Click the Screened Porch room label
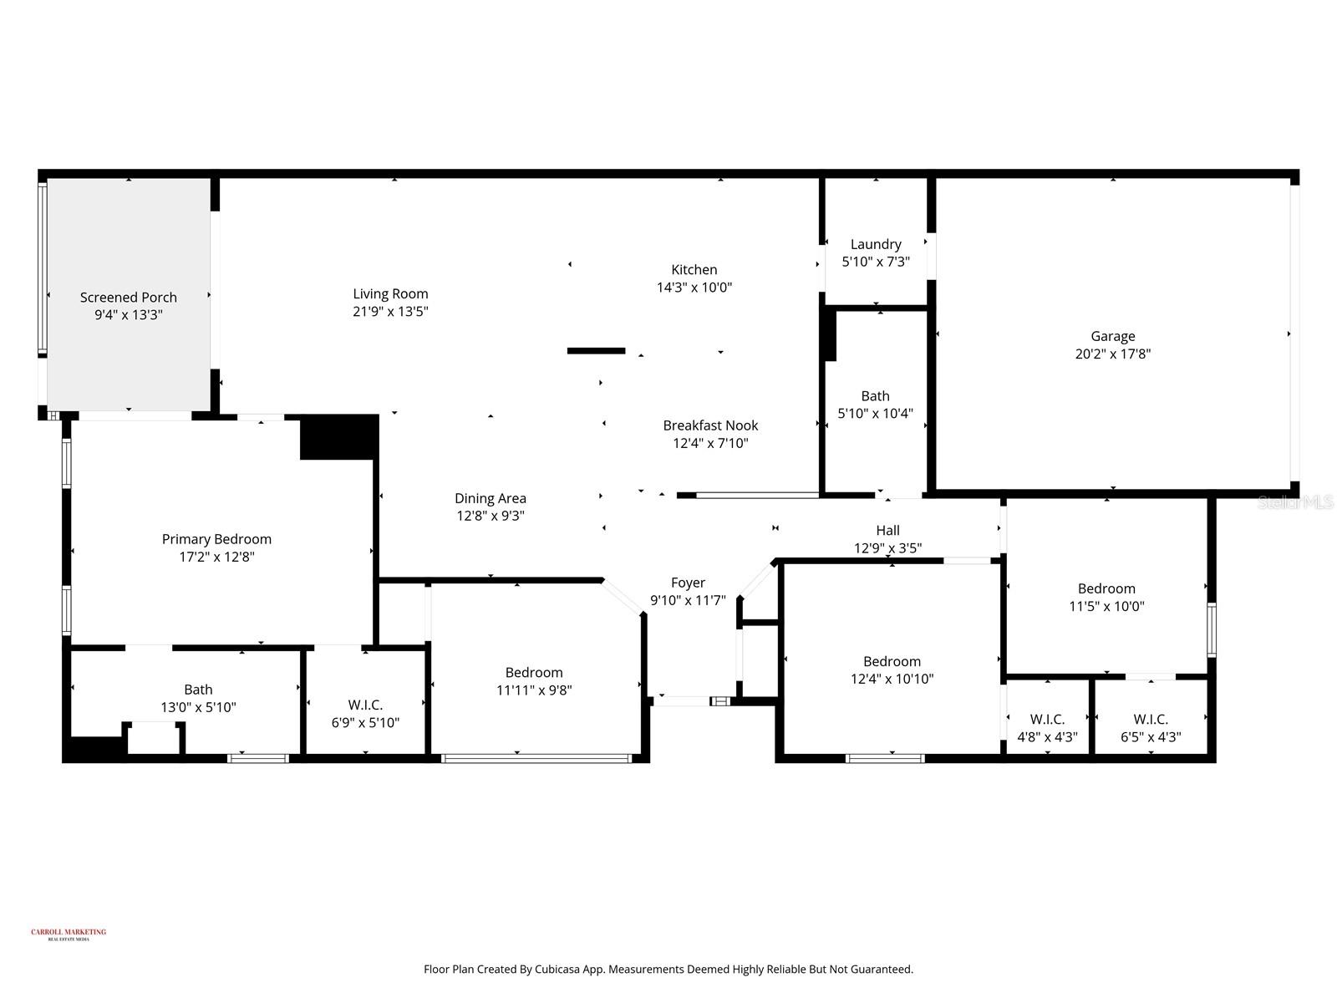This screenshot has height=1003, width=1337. (129, 297)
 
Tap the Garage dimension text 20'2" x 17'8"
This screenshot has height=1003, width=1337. (1112, 354)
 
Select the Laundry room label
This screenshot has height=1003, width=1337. (876, 244)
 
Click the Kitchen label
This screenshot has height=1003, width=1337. (694, 269)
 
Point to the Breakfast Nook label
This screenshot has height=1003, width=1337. (710, 425)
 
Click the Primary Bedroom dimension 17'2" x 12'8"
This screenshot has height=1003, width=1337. (216, 557)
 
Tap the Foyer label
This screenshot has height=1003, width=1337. (688, 583)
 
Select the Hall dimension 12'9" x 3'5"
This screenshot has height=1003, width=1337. (887, 548)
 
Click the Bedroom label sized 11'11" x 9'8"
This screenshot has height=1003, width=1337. (534, 673)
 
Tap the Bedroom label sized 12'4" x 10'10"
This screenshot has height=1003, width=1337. (892, 661)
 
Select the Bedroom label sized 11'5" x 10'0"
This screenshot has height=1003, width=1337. (1106, 588)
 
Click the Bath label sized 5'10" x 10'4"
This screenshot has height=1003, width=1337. (875, 396)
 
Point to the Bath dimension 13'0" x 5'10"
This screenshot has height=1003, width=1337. (198, 707)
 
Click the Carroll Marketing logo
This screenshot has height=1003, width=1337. (69, 934)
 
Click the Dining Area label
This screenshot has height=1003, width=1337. (491, 498)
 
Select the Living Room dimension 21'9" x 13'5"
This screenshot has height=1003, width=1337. (390, 312)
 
